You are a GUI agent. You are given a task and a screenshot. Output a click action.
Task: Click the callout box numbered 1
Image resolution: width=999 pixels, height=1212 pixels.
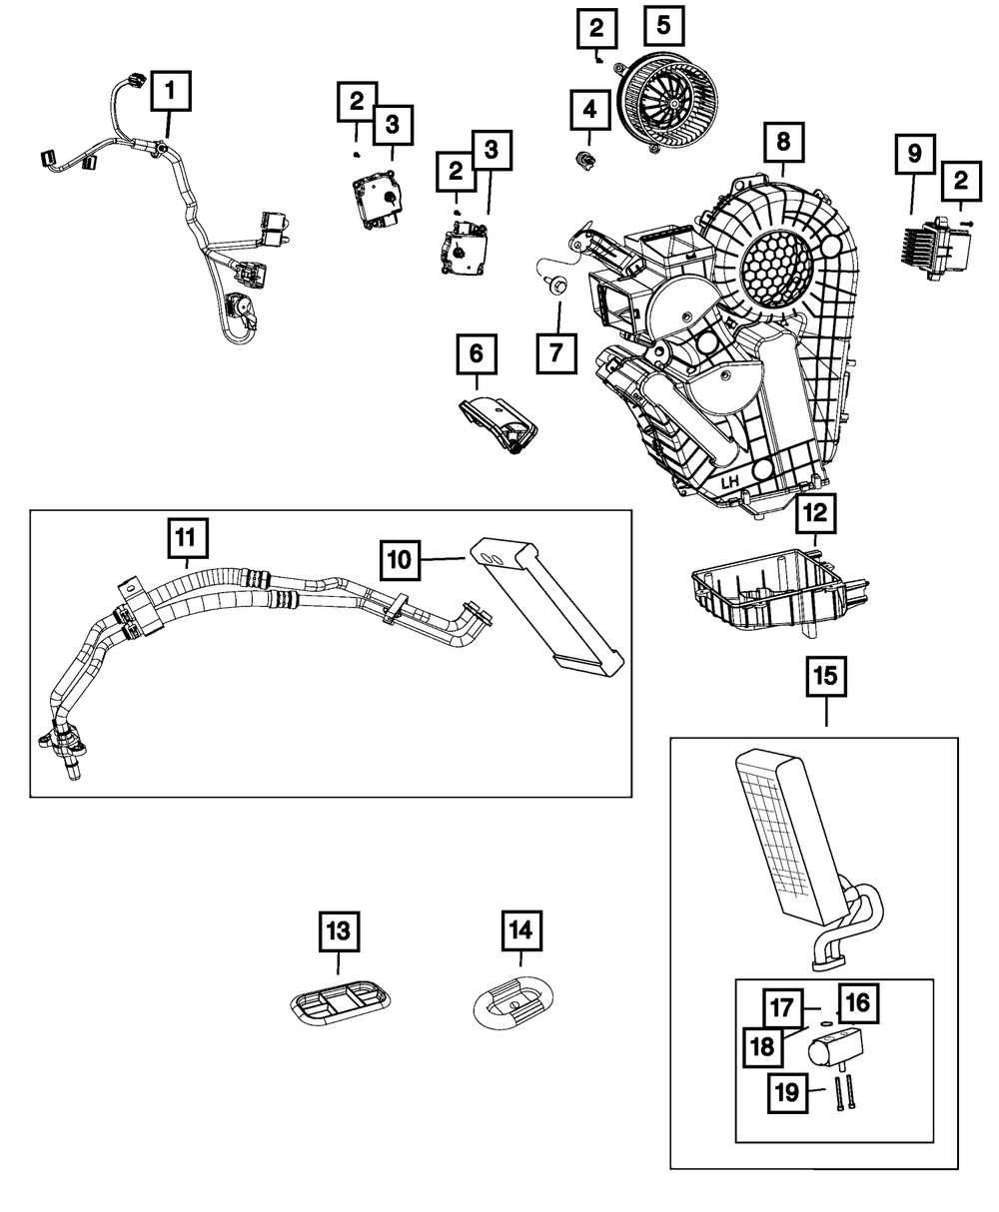[171, 91]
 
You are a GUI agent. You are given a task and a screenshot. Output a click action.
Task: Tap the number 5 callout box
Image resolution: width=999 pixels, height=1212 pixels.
[664, 26]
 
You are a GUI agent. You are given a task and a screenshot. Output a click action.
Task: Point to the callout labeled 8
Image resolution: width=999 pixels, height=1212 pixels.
[784, 142]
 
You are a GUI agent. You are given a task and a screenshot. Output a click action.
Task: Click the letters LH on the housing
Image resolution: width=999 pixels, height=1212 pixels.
[729, 482]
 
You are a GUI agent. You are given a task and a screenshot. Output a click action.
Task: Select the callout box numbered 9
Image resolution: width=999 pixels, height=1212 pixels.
[915, 154]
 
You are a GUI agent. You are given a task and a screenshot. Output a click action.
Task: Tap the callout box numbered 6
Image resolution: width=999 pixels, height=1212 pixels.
[477, 353]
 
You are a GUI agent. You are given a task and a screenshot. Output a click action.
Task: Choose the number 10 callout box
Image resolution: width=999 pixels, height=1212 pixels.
[401, 560]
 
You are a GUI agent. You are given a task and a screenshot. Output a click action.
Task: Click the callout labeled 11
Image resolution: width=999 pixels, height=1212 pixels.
[188, 538]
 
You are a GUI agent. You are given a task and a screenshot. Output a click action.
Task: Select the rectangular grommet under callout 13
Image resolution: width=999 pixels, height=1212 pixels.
[341, 999]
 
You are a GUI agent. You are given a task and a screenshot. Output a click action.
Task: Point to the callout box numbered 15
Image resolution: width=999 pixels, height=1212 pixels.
[826, 676]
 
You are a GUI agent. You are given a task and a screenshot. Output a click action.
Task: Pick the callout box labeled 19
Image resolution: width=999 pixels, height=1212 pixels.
[787, 1093]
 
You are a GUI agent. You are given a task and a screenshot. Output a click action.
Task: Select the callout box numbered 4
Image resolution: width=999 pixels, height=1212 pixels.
[590, 109]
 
